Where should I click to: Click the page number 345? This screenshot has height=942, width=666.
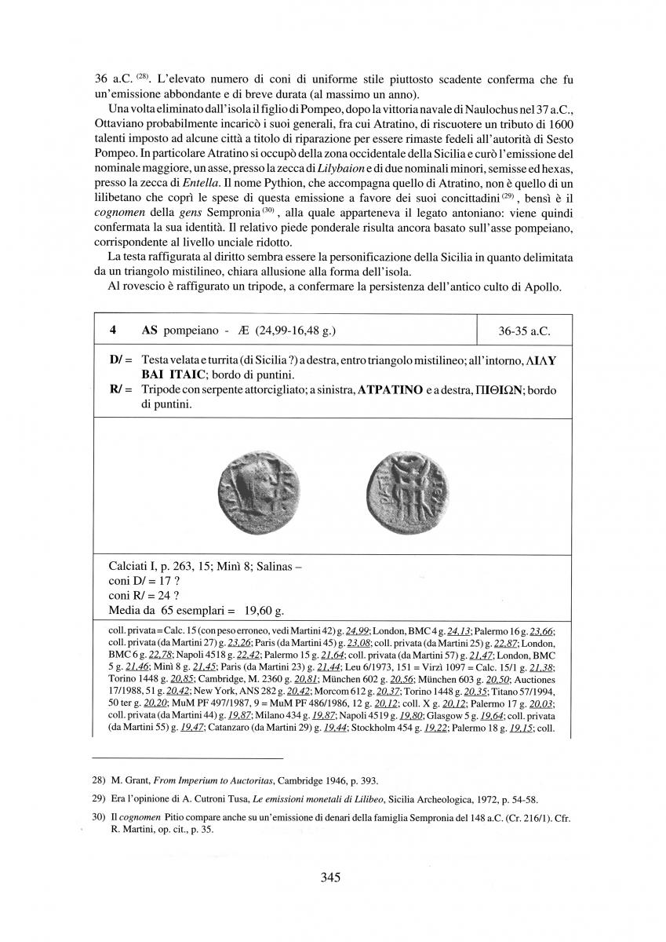[x=330, y=878]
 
